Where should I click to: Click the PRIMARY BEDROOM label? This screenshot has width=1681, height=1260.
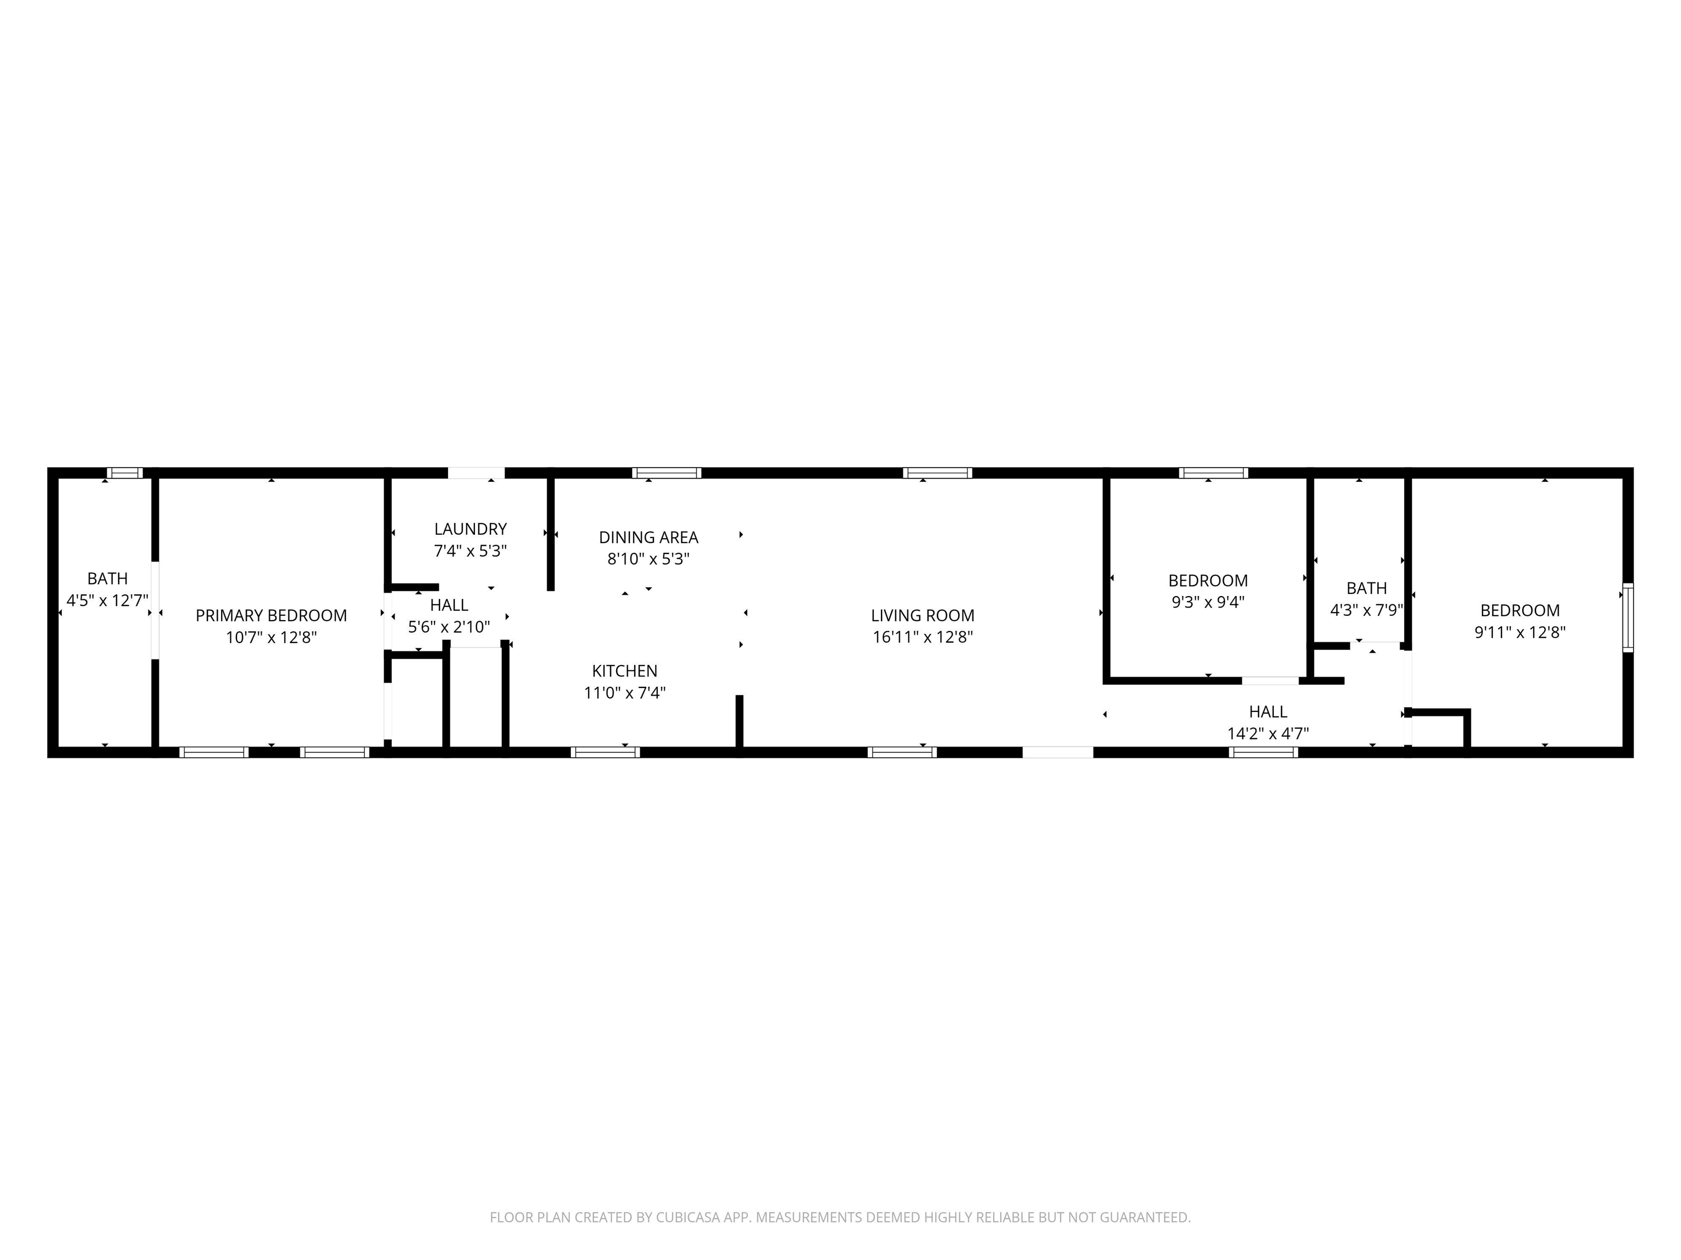[271, 615]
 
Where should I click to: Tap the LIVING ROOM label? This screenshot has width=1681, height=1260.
[923, 615]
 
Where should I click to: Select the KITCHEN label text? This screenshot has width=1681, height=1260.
[625, 670]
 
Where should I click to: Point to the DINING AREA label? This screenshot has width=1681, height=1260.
[648, 537]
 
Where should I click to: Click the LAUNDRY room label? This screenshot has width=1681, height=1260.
[471, 529]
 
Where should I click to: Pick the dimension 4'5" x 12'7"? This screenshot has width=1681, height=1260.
[107, 600]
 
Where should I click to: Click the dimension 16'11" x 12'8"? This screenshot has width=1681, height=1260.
[923, 637]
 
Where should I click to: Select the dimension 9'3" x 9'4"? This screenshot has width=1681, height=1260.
[1208, 602]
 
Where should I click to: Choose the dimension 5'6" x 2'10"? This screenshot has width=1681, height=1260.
[449, 627]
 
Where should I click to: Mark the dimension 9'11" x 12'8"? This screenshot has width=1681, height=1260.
[1520, 632]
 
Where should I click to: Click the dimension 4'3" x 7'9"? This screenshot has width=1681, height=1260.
[1366, 609]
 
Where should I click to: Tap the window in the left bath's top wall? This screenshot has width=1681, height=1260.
[125, 472]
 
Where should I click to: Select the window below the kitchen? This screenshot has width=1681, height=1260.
[605, 752]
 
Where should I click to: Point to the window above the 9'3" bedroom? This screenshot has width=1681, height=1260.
[1214, 472]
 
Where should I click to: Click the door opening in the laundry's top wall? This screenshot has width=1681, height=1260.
[476, 472]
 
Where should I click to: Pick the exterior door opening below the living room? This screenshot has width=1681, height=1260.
[1058, 752]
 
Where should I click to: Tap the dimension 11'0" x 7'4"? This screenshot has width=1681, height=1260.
[625, 692]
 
